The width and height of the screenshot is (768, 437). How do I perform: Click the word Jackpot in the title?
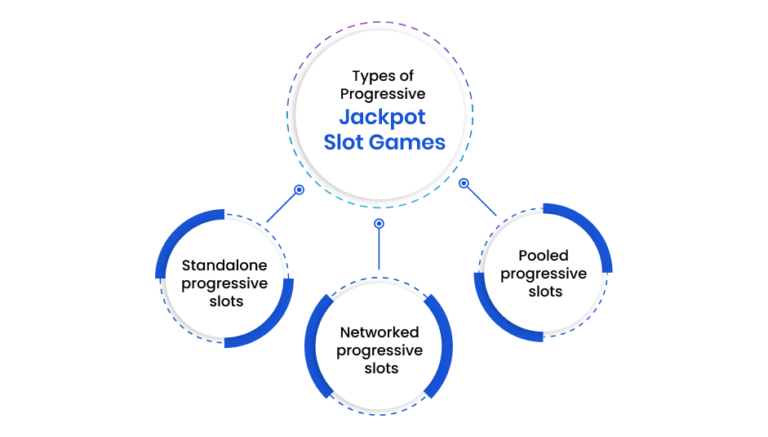[x=382, y=118]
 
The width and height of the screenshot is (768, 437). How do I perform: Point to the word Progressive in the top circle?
[x=383, y=94]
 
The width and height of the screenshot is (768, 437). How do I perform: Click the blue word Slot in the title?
[x=344, y=143]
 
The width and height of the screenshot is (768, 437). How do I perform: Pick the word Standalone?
[x=224, y=266]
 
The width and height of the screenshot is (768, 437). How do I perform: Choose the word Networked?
[x=380, y=332]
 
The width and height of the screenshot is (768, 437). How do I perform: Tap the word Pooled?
[x=543, y=255]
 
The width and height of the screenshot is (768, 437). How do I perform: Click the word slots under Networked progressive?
[x=381, y=368]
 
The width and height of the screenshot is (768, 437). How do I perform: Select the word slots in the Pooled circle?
[x=545, y=291]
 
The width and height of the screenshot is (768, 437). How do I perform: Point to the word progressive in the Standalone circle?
[x=224, y=284]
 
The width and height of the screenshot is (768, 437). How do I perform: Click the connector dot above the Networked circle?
[x=379, y=223]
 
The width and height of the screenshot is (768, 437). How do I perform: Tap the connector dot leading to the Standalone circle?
[x=299, y=190]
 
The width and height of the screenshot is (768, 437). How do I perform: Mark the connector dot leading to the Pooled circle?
[x=463, y=183]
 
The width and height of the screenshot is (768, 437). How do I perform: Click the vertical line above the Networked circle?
[x=379, y=249]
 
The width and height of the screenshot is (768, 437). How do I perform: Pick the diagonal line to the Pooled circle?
[x=481, y=201]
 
